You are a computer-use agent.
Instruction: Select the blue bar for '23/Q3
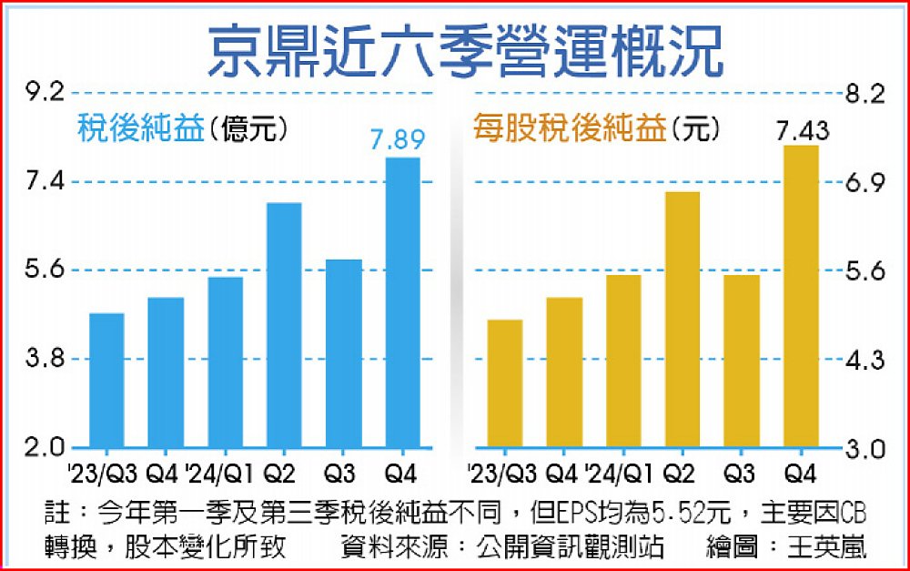(x=106, y=381)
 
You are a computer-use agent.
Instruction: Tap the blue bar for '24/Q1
(x=226, y=362)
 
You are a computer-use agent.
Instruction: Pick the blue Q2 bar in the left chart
(x=284, y=325)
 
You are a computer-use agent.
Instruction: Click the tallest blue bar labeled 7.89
(x=403, y=302)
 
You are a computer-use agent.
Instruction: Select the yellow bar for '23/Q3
(x=505, y=383)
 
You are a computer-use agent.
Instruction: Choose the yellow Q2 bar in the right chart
(x=682, y=320)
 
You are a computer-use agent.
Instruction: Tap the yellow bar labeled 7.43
(x=802, y=297)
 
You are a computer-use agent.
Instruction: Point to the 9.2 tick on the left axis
(x=45, y=92)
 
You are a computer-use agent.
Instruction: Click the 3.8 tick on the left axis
(x=45, y=359)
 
